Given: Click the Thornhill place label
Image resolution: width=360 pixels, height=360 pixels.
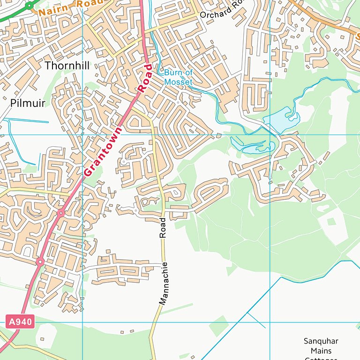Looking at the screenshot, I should pyautogui.click(x=67, y=66).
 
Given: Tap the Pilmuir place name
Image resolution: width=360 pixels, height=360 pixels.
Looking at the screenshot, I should pyautogui.click(x=28, y=103).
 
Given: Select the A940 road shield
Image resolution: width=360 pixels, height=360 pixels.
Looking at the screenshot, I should pyautogui.click(x=21, y=322).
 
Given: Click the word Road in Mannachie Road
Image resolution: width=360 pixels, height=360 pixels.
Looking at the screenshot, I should pyautogui.click(x=163, y=227).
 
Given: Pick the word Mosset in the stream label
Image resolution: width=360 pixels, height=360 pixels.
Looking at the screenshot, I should pyautogui.click(x=178, y=82).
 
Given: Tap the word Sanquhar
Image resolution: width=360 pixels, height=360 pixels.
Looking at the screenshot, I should pyautogui.click(x=321, y=341).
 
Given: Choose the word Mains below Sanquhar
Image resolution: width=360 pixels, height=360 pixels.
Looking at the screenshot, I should pyautogui.click(x=321, y=351).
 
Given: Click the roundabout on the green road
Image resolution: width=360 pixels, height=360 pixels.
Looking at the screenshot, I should pyautogui.click(x=30, y=6).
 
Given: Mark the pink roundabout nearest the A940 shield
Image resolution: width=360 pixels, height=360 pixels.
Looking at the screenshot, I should pyautogui.click(x=40, y=262).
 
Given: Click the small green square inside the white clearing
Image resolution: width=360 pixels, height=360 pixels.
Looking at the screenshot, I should pyautogui.click(x=331, y=222).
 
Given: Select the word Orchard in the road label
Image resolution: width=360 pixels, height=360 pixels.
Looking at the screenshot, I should pyautogui.click(x=214, y=14).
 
